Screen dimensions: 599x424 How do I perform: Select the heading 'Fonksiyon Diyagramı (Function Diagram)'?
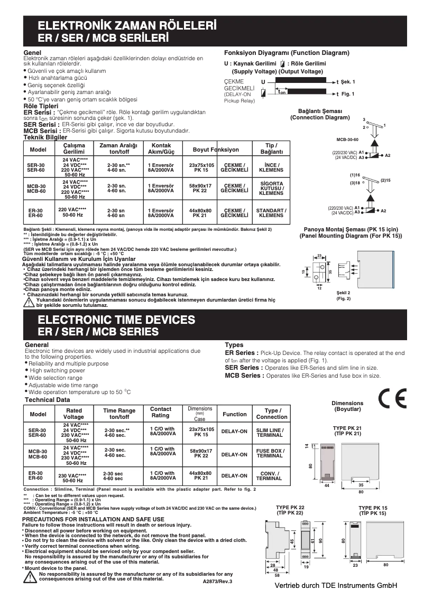287,53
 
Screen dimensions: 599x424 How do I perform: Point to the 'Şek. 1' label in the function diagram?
348,82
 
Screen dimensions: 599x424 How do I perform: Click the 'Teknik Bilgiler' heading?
45,136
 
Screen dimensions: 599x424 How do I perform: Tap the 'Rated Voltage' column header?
73,414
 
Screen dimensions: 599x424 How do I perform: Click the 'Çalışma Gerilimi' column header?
74,148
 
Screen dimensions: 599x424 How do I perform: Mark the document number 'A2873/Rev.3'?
217,581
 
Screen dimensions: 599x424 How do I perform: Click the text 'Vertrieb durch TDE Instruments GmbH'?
335,586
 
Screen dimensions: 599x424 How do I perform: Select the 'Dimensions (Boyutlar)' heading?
347,406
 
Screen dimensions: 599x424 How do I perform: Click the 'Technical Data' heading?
48,400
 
